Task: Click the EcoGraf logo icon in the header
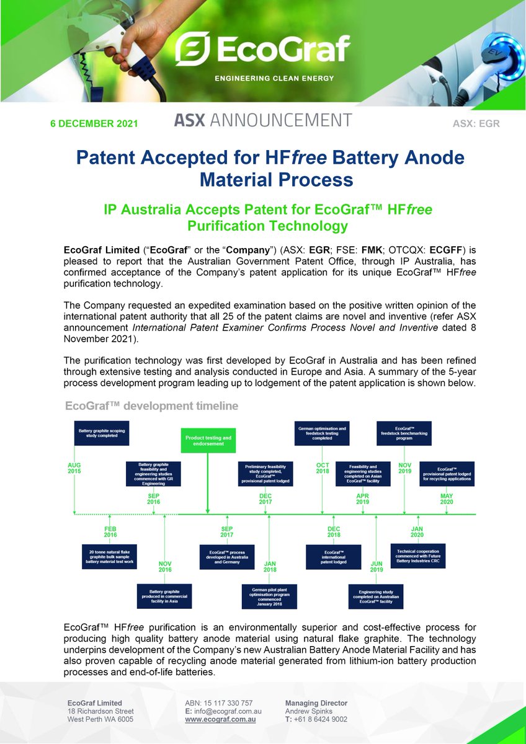click(x=192, y=49)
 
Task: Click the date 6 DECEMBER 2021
click(x=94, y=123)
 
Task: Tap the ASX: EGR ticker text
click(x=476, y=123)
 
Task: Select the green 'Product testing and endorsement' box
click(x=208, y=441)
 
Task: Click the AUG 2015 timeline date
click(x=74, y=468)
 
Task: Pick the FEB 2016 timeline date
click(x=110, y=531)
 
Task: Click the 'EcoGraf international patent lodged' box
click(x=333, y=556)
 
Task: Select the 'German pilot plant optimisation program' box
click(x=269, y=596)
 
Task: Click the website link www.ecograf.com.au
click(x=220, y=720)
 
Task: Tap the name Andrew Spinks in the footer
click(x=308, y=711)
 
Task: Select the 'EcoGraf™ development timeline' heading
click(x=152, y=406)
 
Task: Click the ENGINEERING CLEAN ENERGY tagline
click(x=274, y=79)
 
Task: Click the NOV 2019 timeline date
click(x=404, y=468)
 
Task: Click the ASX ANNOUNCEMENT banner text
click(x=263, y=120)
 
